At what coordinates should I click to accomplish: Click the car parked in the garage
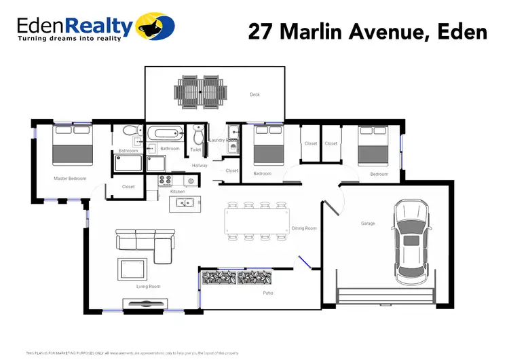[x=411, y=242]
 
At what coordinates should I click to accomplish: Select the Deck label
[x=254, y=94]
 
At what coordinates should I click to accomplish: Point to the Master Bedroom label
[x=70, y=179]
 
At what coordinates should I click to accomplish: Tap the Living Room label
[x=148, y=287]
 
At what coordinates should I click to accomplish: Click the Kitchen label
[x=177, y=192]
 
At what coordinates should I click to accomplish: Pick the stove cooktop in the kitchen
[x=166, y=181]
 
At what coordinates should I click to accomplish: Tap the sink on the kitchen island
[x=182, y=202]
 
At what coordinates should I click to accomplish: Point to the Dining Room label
[x=304, y=228]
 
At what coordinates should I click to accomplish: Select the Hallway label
[x=200, y=165]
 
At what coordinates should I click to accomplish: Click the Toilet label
[x=195, y=149]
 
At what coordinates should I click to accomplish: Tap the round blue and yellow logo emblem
[x=155, y=26]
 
